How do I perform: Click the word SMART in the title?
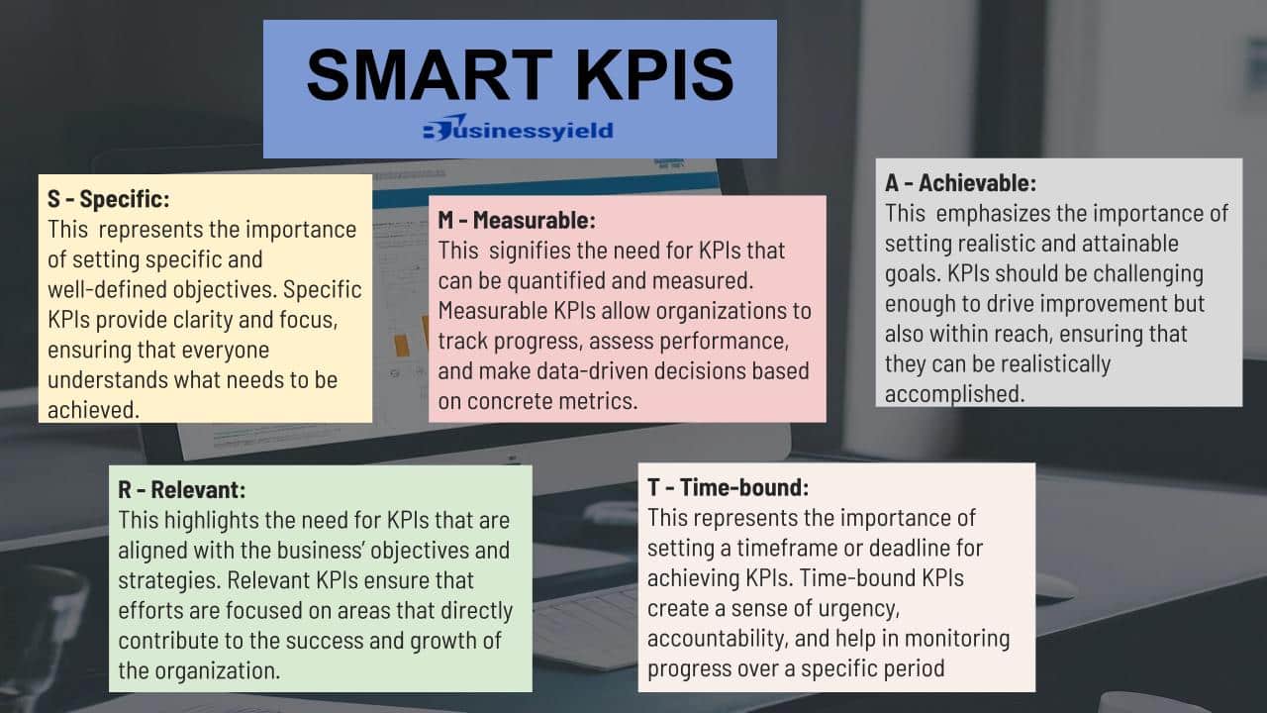coord(430,74)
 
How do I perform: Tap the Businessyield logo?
coord(518,129)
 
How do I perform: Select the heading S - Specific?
coord(109,199)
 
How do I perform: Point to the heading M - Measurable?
coord(517,220)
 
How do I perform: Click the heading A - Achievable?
coord(960,183)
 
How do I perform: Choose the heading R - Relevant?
coord(182,489)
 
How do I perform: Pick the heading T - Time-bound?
coord(729,487)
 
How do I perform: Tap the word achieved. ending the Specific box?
coord(93,410)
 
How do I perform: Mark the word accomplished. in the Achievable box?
coord(955,394)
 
